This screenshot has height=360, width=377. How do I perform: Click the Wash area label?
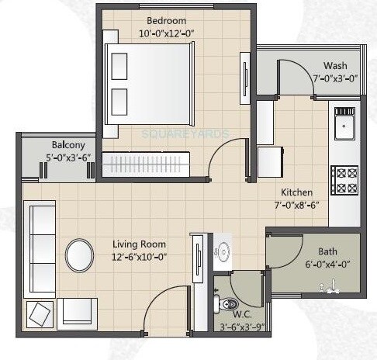click(335, 66)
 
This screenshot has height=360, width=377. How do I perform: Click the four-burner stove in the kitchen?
click(344, 180)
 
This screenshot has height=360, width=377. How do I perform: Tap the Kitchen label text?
click(297, 192)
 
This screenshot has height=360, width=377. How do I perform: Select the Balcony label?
click(68, 145)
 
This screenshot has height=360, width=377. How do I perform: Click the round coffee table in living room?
click(81, 255)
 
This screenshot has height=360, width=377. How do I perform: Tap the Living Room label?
click(139, 244)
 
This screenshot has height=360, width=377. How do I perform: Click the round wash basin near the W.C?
click(223, 252)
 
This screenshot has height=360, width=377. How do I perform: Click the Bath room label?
click(327, 251)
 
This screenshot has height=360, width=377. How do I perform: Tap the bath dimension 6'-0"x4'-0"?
click(327, 265)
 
